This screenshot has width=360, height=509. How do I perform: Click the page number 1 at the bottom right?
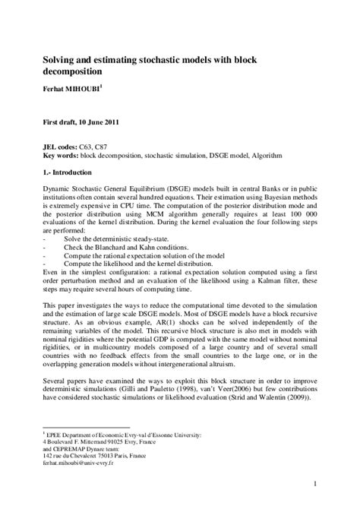[x=314, y=483]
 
